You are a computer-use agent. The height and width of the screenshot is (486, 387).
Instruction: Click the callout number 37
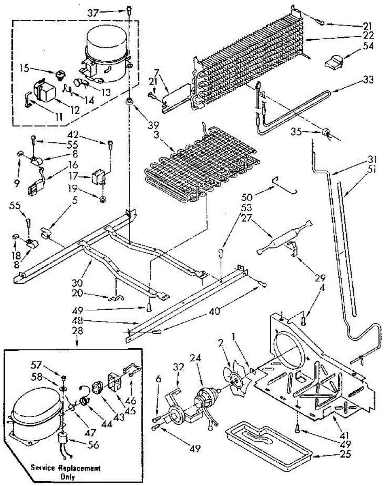tap(93, 13)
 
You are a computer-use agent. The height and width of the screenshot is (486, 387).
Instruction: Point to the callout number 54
tap(368, 46)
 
